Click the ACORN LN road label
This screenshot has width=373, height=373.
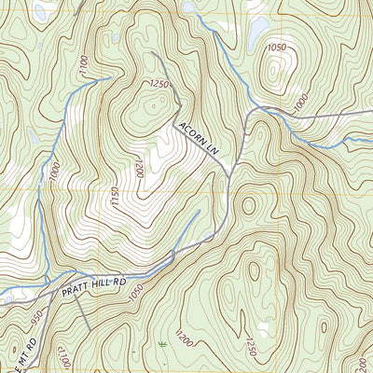[199, 137]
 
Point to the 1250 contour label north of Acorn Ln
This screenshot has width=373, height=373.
[158, 85]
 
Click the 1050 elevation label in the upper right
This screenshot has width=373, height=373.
[276, 48]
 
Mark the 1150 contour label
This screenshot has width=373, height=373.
[115, 198]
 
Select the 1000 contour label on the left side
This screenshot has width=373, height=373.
[55, 173]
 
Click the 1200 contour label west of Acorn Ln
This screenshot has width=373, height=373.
[138, 169]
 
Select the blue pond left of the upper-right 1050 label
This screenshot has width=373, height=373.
[254, 34]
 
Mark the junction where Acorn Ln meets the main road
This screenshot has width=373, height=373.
[229, 169]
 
